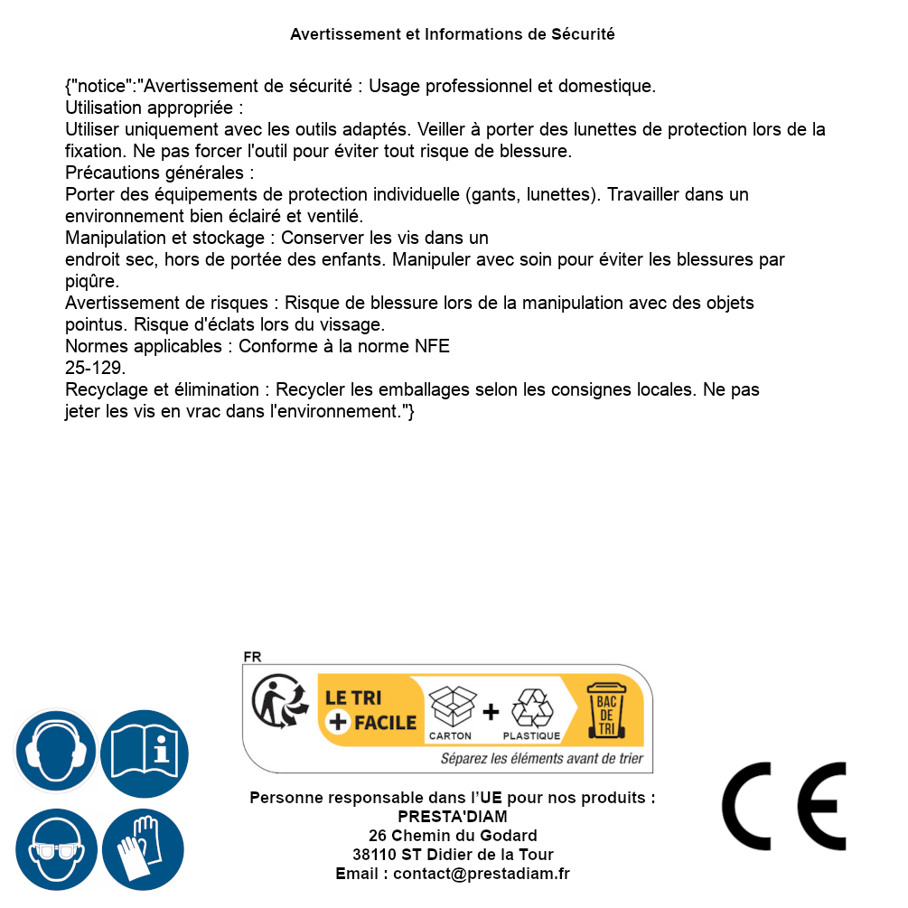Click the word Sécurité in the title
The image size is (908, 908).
tap(583, 34)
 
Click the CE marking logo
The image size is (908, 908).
tap(784, 806)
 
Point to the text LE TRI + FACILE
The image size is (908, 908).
tap(369, 710)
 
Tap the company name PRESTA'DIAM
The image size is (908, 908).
tap(453, 817)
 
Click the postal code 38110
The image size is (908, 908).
tap(372, 855)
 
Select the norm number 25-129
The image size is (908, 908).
tap(95, 369)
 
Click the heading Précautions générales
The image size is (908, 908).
tap(159, 173)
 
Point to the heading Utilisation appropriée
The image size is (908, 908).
tap(154, 108)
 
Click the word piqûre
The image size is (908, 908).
tap(91, 281)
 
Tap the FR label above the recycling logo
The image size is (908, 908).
tap(252, 657)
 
